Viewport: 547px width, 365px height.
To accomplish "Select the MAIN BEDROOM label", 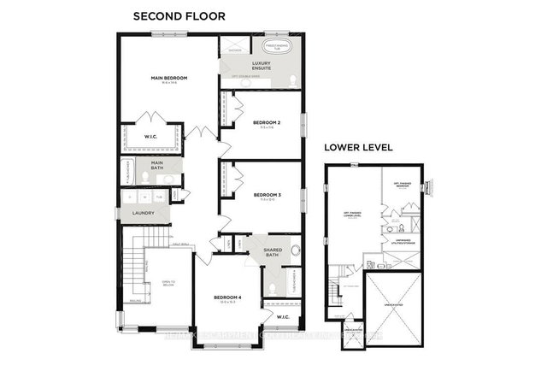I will point(169,79).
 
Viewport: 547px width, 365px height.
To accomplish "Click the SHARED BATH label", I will point(273,252).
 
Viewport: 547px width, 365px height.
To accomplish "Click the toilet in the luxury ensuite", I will point(293,79).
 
